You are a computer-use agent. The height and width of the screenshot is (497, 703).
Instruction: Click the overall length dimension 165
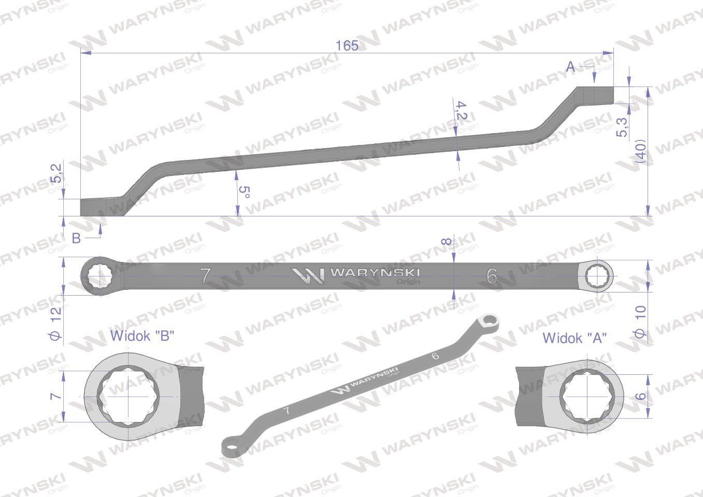[347, 46]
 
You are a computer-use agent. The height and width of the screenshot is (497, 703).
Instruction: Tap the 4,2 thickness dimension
[461, 110]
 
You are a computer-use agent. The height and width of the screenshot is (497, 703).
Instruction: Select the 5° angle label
[244, 192]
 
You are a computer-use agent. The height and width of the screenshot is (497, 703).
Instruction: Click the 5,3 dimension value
[622, 127]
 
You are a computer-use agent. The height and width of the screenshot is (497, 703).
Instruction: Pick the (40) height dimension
[640, 153]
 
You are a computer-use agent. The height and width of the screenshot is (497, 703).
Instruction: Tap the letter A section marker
[570, 67]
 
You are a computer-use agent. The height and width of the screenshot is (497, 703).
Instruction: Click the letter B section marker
[76, 238]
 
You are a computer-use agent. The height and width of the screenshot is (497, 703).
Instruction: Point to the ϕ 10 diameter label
[640, 321]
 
